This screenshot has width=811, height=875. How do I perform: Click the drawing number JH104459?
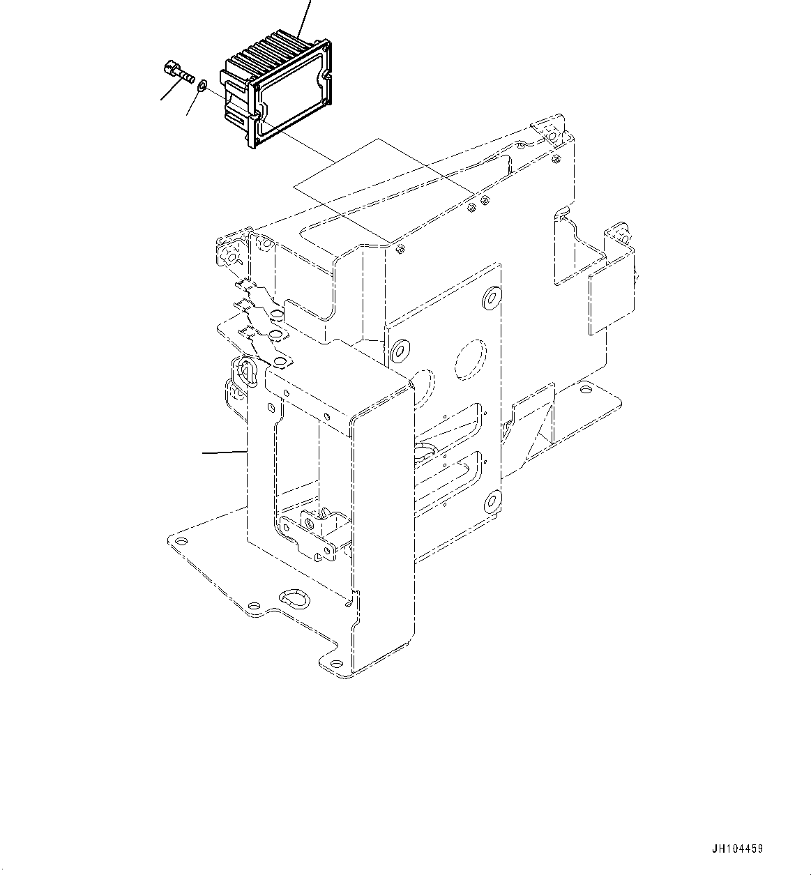coord(737,849)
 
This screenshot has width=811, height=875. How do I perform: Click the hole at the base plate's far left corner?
coord(181,542)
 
